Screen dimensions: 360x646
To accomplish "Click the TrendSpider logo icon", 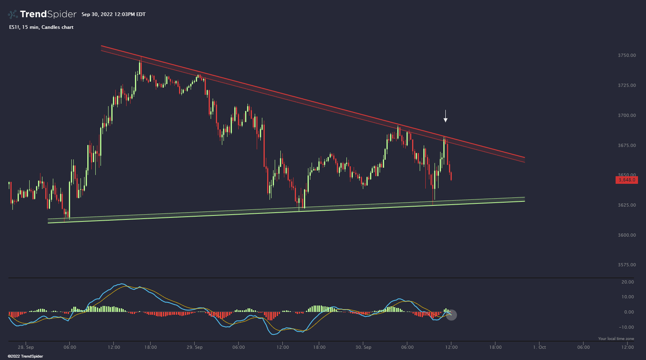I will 13,14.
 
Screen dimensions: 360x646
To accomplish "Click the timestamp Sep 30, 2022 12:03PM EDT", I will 113,14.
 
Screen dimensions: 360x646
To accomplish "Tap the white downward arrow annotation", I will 445,116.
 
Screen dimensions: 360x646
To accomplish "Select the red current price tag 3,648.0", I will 626,180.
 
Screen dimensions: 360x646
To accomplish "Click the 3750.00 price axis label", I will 627,55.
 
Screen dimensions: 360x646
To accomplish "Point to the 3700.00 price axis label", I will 627,115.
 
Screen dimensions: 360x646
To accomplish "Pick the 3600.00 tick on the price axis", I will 627,235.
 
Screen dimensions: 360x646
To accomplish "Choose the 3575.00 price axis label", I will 627,265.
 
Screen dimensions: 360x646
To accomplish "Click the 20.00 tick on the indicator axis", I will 628,282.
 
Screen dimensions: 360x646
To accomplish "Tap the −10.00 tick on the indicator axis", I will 626,327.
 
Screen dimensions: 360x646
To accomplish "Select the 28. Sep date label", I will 26,347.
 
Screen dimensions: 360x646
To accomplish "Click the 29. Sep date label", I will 195,347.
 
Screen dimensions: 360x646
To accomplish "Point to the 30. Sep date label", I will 363,347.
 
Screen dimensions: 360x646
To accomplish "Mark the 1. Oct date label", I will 539,347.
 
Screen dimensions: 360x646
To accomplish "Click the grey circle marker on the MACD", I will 451,315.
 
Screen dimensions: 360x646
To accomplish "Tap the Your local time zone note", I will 616,339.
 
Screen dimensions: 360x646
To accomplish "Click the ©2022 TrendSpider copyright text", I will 25,356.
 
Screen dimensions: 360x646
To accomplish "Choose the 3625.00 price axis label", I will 627,205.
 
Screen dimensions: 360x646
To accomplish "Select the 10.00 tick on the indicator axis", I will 628,297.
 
